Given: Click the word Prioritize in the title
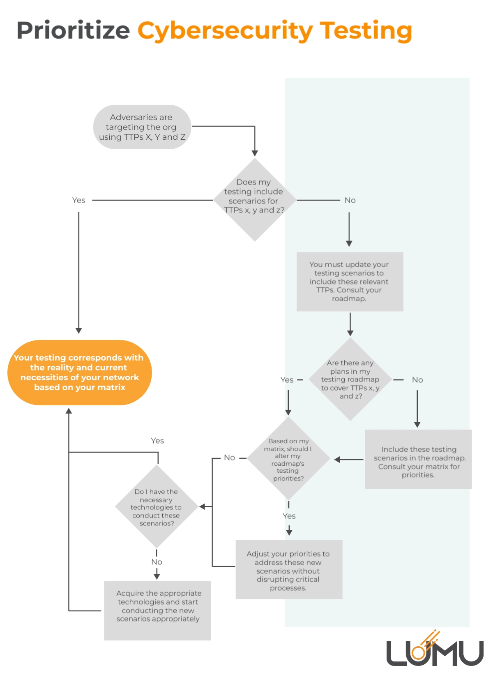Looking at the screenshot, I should pyautogui.click(x=73, y=30).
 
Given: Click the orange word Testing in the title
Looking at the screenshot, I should pyautogui.click(x=366, y=31).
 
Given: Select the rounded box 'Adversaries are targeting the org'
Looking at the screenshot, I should pyautogui.click(x=142, y=127).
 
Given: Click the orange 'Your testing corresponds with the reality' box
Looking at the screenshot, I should pyautogui.click(x=80, y=372).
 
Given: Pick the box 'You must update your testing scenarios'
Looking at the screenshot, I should pyautogui.click(x=350, y=282).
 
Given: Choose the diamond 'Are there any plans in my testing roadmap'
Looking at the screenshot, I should pyautogui.click(x=350, y=379).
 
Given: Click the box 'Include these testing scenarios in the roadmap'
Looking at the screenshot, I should pyautogui.click(x=418, y=459).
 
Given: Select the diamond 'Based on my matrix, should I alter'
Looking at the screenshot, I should pyautogui.click(x=288, y=459).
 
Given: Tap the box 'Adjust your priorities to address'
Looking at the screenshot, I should pyautogui.click(x=289, y=570).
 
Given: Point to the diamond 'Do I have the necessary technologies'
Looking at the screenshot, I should pyautogui.click(x=157, y=507).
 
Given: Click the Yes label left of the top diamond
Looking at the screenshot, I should pyautogui.click(x=78, y=200).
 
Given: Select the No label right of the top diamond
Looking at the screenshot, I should pyautogui.click(x=350, y=200).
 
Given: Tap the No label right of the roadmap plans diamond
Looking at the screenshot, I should pyautogui.click(x=417, y=380).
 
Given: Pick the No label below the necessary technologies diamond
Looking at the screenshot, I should pyautogui.click(x=157, y=562).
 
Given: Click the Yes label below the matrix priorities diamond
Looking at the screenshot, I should pyautogui.click(x=289, y=516).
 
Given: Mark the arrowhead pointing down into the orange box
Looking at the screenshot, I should pyautogui.click(x=79, y=331).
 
